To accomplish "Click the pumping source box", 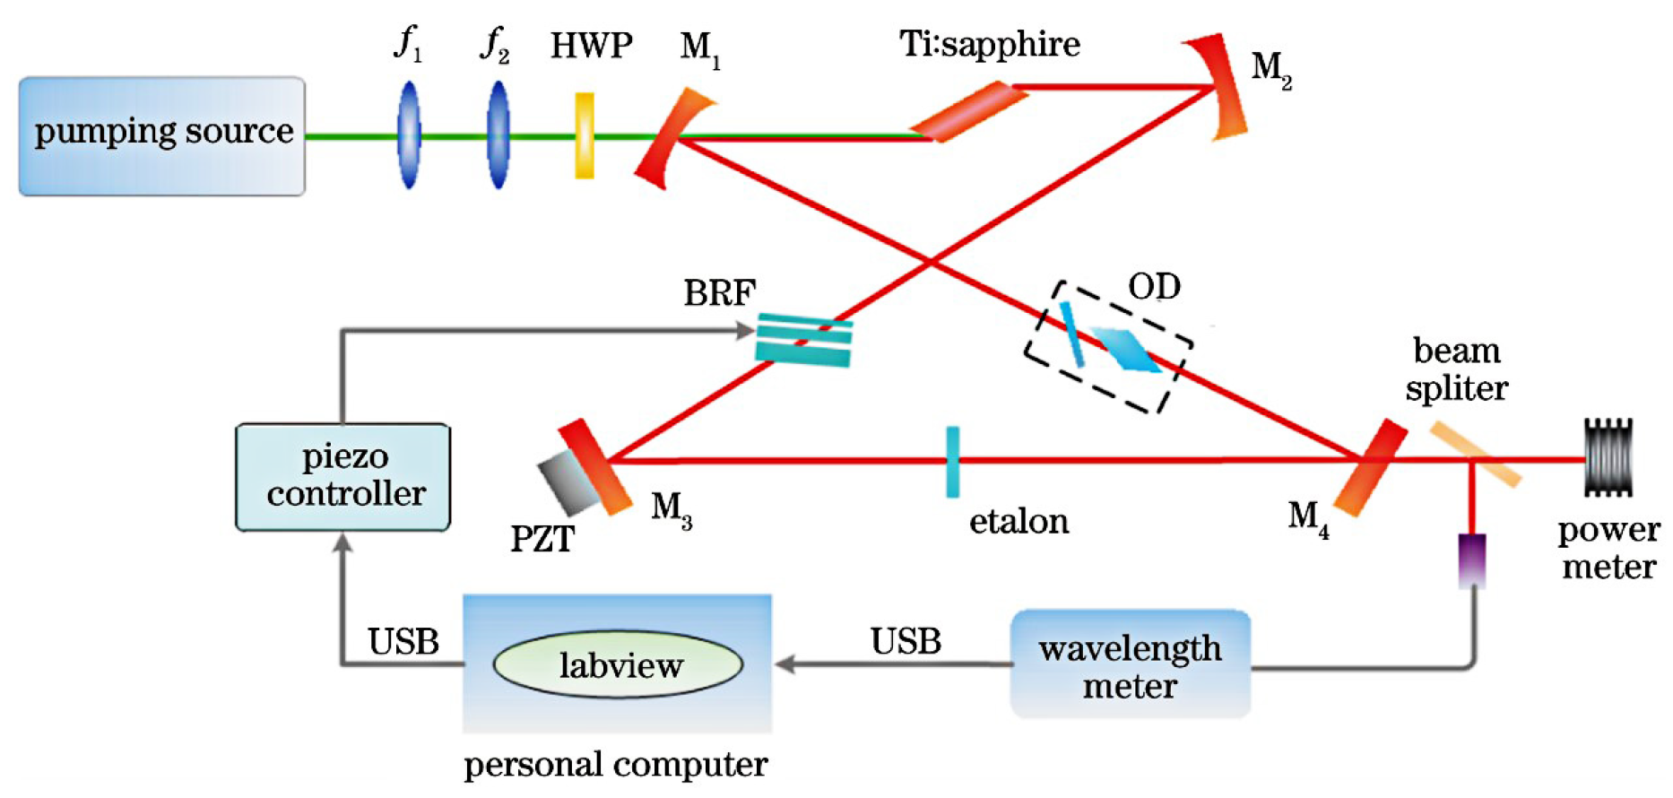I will pos(162,135).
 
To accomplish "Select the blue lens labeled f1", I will pos(409,134).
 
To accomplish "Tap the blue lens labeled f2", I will pos(498,134).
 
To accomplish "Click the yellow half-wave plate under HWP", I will pos(585,135).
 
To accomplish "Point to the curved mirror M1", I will pos(668,139).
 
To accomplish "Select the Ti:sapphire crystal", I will pos(968,111).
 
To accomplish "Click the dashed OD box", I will pos(1109,347).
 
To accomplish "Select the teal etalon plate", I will pos(952,461).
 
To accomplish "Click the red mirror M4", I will pos(1370,466).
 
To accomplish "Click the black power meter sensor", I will pos(1608,457).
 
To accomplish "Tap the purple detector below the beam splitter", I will pos(1472,560).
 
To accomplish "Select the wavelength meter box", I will pos(1130,664).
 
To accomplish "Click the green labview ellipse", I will pos(619,664).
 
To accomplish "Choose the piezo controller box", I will pos(343,476).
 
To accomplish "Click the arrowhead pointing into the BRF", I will pos(744,331).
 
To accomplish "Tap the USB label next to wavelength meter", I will pos(906,642).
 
